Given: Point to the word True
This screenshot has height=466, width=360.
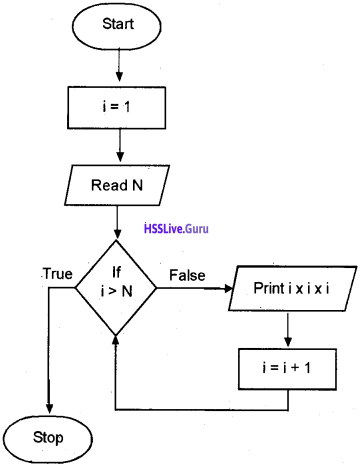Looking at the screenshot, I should tap(57, 274).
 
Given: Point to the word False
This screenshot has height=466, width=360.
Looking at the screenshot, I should tap(188, 274).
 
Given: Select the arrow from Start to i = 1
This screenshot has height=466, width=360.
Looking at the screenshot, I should tap(119, 64).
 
